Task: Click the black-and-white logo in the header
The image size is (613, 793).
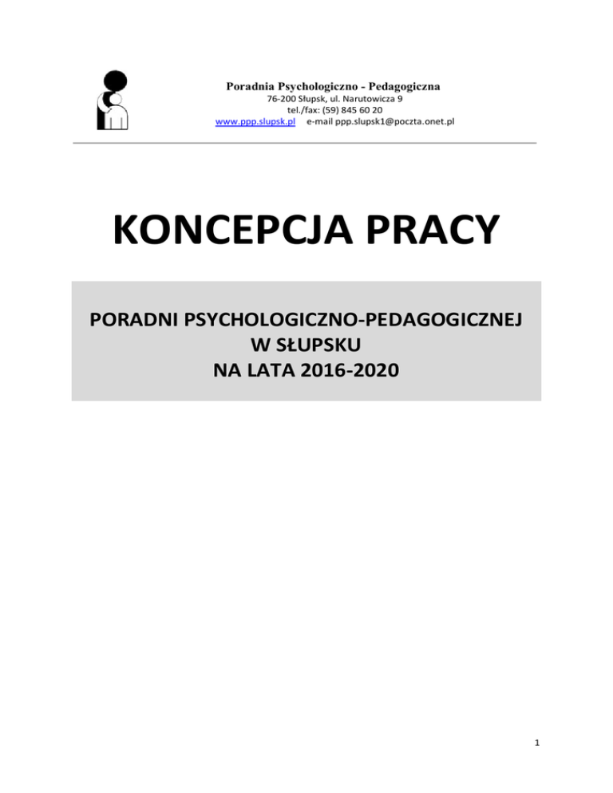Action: pyautogui.click(x=112, y=100)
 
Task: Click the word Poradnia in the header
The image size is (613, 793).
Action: pyautogui.click(x=250, y=85)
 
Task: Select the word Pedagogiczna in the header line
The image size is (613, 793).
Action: pyautogui.click(x=405, y=85)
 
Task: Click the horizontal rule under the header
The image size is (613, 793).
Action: pyautogui.click(x=306, y=143)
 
